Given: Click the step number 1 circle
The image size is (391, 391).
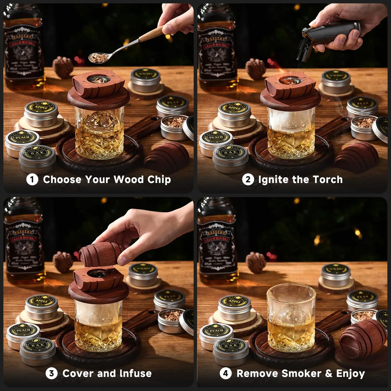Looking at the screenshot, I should pyautogui.click(x=32, y=180).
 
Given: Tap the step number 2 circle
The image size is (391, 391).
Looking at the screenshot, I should pyautogui.click(x=248, y=180).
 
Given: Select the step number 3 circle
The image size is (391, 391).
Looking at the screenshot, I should pyautogui.click(x=51, y=374).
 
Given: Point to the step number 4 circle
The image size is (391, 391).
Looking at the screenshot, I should pyautogui.click(x=225, y=374).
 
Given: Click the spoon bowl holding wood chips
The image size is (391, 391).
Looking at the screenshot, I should pyautogui.click(x=96, y=57).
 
